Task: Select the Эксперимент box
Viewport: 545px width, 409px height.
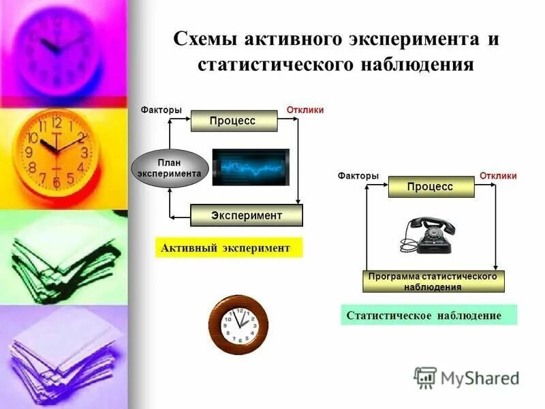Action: click(246, 215)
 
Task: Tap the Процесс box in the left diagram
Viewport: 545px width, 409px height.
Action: click(233, 121)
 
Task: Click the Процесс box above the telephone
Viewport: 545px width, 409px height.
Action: click(431, 187)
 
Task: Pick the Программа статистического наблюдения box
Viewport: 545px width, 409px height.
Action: click(433, 282)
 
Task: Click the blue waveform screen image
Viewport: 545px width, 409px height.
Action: click(250, 167)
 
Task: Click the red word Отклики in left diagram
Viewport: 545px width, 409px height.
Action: click(305, 110)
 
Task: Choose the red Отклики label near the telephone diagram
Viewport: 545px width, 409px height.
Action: click(498, 176)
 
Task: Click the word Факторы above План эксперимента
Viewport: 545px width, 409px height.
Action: click(161, 110)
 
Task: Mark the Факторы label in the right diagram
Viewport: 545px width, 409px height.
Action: click(358, 176)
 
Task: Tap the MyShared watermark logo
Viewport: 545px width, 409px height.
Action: click(467, 376)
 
